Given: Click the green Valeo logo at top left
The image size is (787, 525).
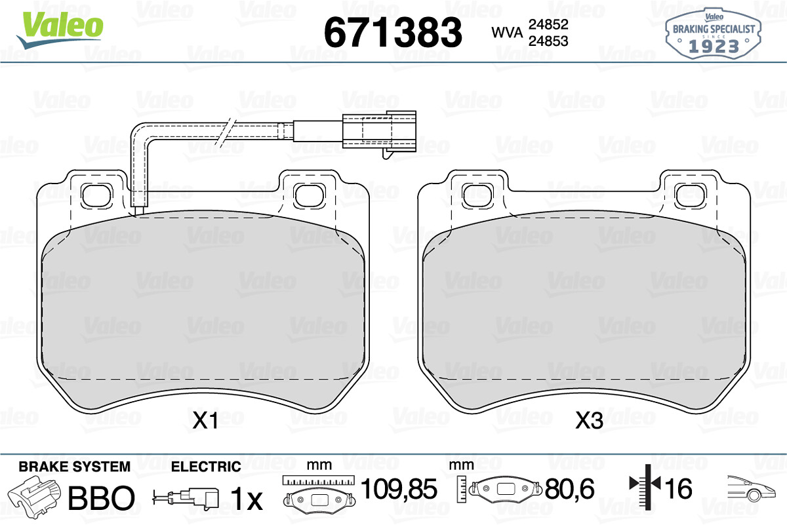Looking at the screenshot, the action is point(60,30).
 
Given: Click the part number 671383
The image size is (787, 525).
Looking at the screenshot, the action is point(393,32).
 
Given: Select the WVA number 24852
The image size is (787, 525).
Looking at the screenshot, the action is point(548,24).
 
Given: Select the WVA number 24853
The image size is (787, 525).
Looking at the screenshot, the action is point(548,41).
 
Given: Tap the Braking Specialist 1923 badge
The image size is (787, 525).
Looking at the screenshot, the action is point(714,33).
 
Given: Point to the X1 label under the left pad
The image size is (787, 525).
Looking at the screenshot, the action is point(205,420).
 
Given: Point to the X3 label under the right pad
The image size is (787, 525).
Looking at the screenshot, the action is point(589,420).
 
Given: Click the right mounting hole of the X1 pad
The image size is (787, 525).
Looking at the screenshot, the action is point(310,195).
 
